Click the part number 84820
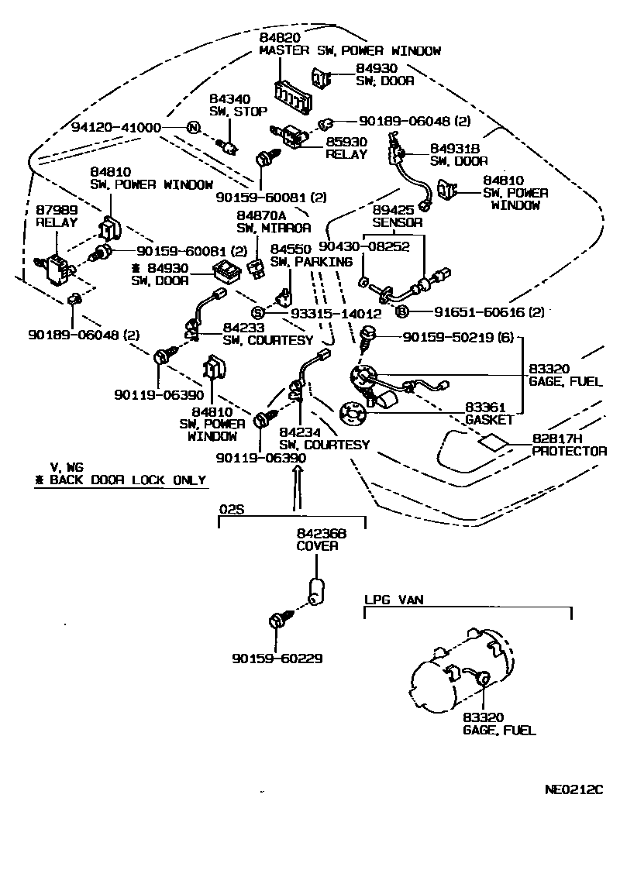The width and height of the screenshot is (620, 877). coord(279,37)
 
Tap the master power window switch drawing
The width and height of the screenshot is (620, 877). coord(293,95)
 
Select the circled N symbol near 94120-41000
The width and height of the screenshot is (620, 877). coord(192,128)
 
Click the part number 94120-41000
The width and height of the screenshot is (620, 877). coord(116,128)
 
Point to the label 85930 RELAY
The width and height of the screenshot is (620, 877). coord(346,148)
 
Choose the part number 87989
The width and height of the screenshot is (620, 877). coord(56,210)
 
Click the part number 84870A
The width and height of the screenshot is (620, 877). coord(260,215)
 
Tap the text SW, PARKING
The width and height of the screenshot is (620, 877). coord(312,262)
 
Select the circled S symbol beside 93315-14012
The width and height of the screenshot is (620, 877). coord(257,313)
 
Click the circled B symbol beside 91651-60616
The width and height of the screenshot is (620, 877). coord(401,312)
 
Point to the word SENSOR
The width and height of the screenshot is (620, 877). coord(398,222)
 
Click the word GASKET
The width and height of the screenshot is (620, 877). coord(489,420)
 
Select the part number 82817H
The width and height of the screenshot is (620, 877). coord(556,438)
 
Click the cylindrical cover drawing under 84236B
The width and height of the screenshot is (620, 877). coord(317,591)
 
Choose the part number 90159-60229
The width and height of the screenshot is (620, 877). coord(277,659)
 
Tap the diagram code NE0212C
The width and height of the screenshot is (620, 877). coord(573,789)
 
